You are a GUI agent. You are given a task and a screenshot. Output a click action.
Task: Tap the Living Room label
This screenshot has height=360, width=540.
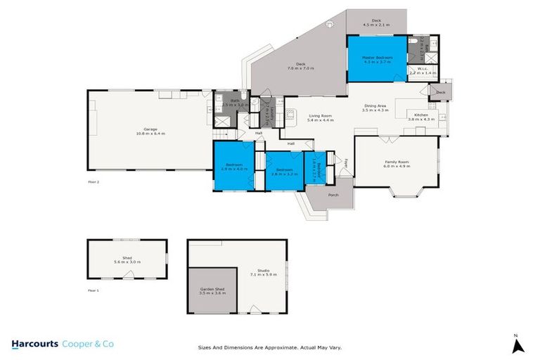pos(320,117)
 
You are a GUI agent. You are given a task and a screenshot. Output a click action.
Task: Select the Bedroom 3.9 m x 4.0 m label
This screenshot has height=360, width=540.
pos(234,167)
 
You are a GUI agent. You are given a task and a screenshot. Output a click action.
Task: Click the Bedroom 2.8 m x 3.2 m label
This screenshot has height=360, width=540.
pos(284,171)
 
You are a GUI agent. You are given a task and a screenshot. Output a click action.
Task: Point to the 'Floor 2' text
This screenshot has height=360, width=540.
pos(94,182)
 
